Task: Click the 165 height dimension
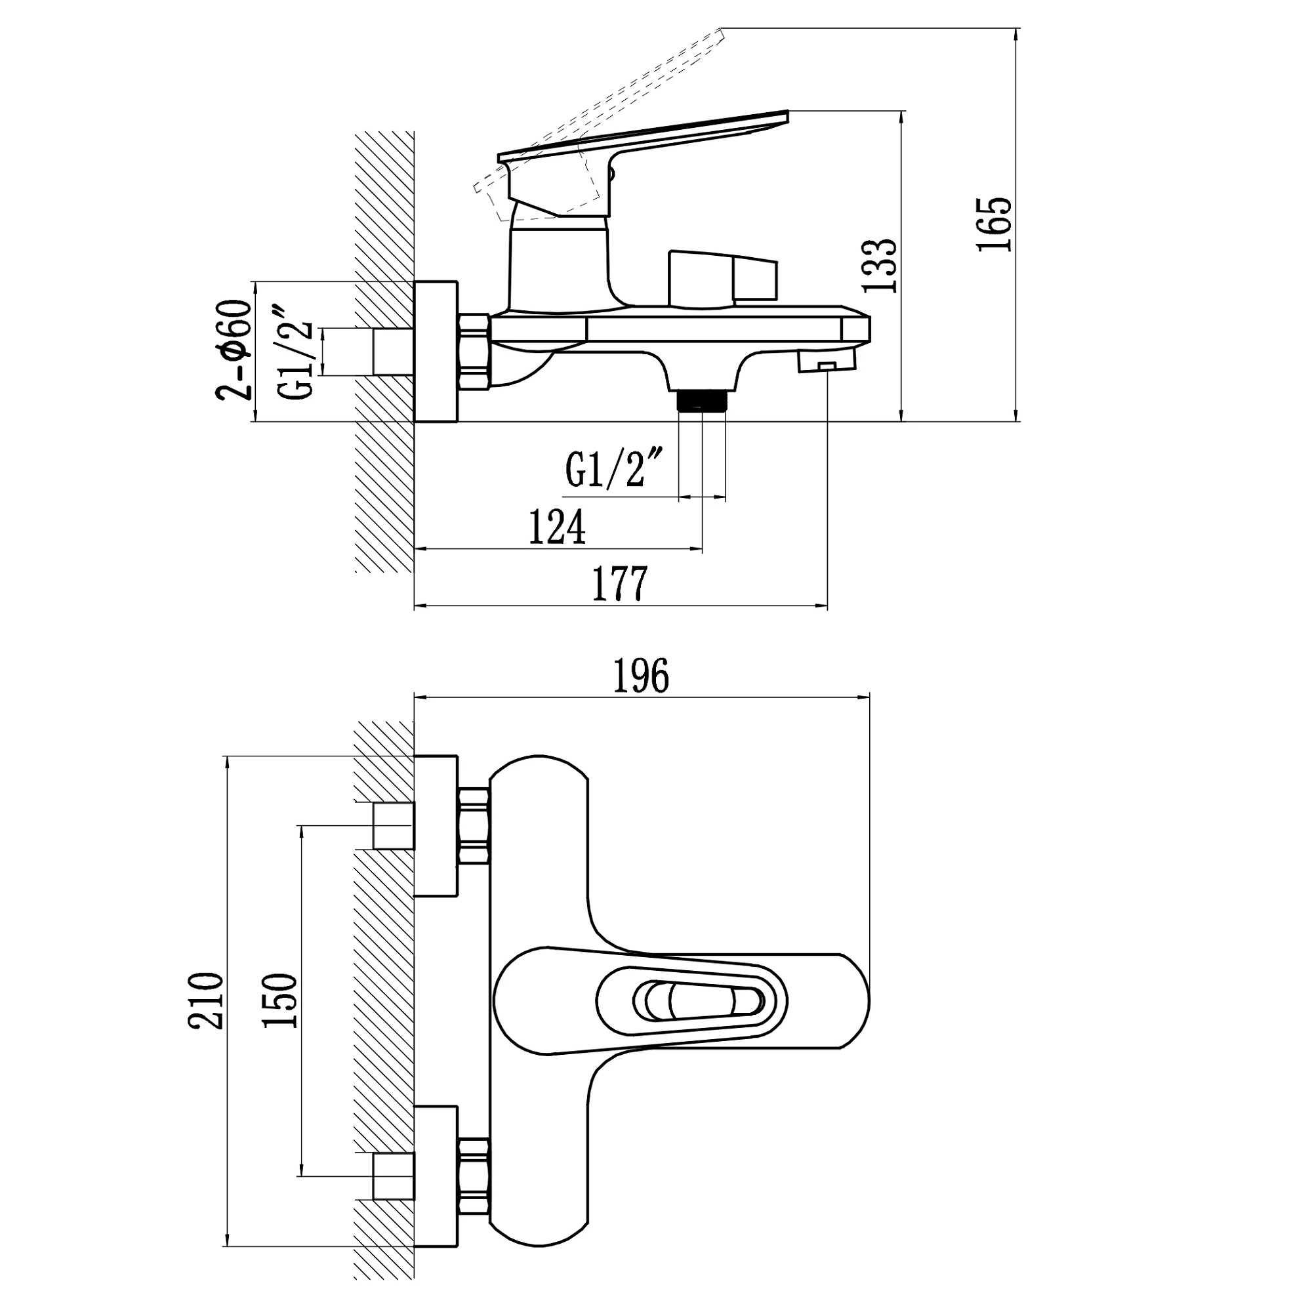pos(994,224)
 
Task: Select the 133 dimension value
pos(880,266)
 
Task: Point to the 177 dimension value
pos(620,583)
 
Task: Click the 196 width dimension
pos(641,676)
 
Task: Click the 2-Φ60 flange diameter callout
pos(234,350)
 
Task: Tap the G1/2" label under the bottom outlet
pos(612,468)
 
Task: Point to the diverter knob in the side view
pos(722,277)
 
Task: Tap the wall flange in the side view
pos(436,351)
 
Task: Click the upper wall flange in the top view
pos(436,825)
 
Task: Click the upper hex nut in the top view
pos(474,825)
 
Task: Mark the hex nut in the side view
pos(475,352)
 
